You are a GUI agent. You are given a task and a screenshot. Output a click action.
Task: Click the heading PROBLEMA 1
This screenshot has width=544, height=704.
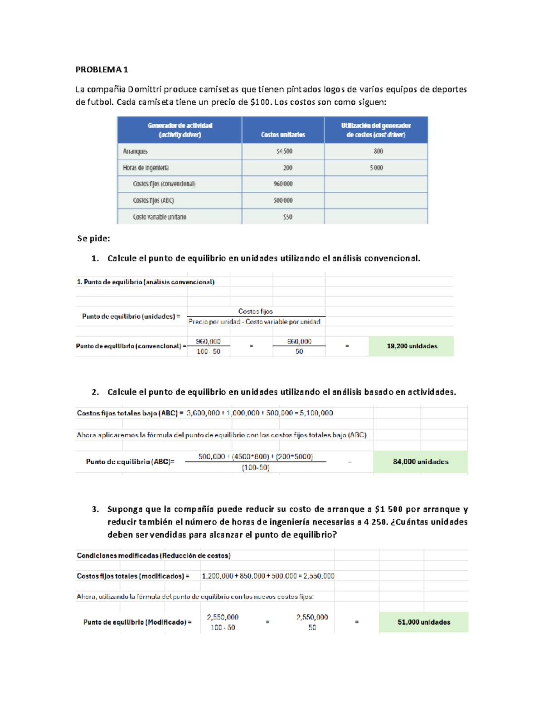pyautogui.click(x=102, y=69)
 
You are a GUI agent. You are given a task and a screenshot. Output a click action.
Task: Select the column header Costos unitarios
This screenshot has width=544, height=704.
pyautogui.click(x=283, y=135)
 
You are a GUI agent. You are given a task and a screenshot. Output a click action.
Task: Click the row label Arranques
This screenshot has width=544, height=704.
pyautogui.click(x=135, y=151)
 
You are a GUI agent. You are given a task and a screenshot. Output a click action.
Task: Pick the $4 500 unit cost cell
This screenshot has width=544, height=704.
pyautogui.click(x=284, y=151)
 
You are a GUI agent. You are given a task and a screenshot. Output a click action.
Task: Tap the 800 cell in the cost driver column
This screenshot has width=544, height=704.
pyautogui.click(x=378, y=151)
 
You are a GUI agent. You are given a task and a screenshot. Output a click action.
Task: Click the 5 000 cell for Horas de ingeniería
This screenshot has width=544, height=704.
pyautogui.click(x=376, y=168)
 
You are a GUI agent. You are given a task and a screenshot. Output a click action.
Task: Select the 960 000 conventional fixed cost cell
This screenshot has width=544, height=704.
pyautogui.click(x=283, y=184)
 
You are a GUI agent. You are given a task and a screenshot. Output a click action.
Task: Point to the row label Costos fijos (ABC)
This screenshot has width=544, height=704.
pyautogui.click(x=153, y=200)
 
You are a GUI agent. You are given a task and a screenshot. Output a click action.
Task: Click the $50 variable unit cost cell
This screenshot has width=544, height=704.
pyautogui.click(x=287, y=217)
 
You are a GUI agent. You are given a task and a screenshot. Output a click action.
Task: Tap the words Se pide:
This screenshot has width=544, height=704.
pyautogui.click(x=93, y=238)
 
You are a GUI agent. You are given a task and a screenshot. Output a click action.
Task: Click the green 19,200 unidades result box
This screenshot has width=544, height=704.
pyautogui.click(x=411, y=346)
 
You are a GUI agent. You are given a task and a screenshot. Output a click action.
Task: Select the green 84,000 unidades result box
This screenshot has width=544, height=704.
pyautogui.click(x=420, y=461)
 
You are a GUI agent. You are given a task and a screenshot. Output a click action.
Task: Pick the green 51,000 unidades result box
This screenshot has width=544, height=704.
pyautogui.click(x=423, y=622)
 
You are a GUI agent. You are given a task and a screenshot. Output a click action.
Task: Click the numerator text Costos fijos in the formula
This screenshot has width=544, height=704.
pyautogui.click(x=255, y=311)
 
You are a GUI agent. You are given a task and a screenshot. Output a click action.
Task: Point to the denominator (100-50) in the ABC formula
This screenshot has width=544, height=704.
pyautogui.click(x=255, y=467)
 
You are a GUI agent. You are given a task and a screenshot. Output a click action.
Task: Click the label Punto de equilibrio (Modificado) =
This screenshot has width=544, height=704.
pyautogui.click(x=137, y=622)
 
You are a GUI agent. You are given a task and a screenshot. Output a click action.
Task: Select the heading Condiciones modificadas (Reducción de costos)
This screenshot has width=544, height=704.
pyautogui.click(x=153, y=556)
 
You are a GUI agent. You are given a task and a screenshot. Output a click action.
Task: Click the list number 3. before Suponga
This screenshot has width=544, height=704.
pyautogui.click(x=95, y=509)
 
